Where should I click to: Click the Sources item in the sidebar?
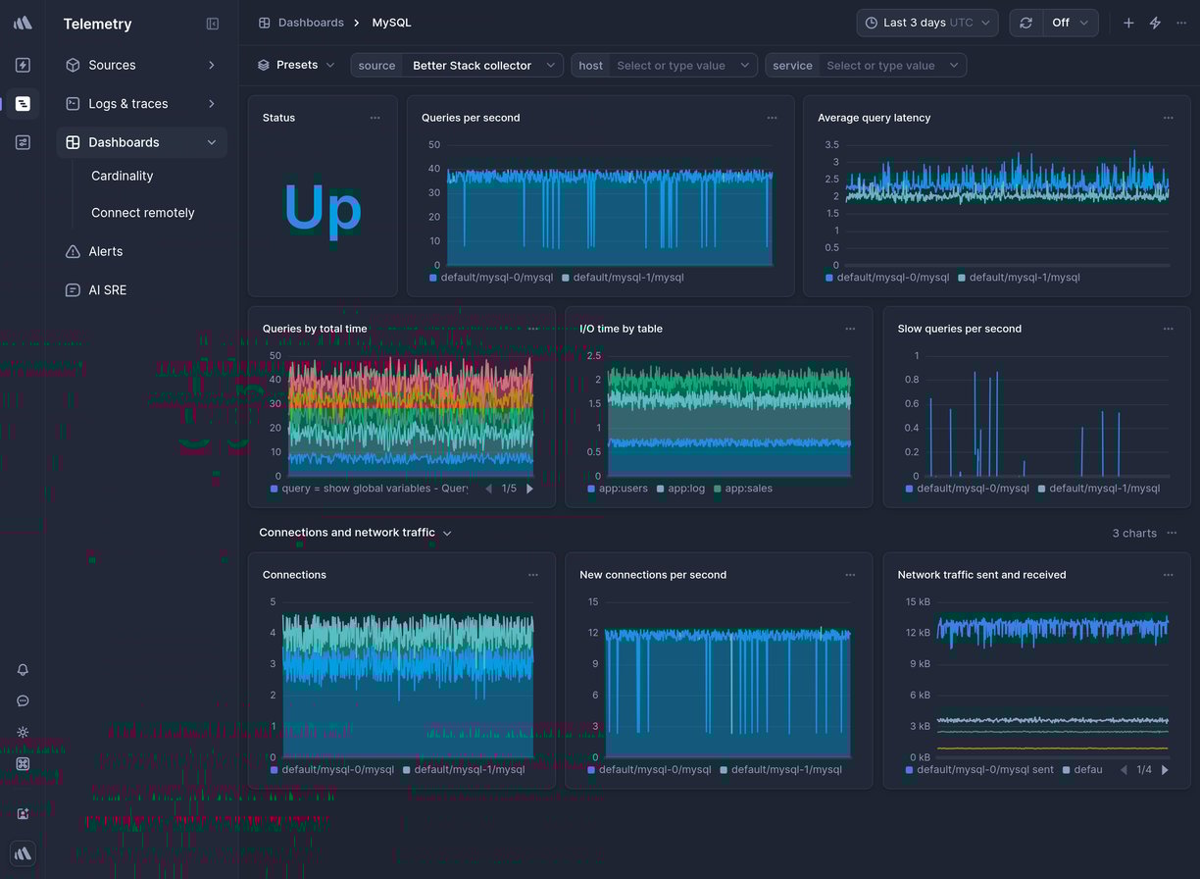tap(112, 65)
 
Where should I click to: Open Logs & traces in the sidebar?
tap(127, 103)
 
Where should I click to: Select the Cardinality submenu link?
tap(122, 176)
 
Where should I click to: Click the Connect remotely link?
tap(142, 213)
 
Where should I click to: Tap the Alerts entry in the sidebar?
tap(105, 251)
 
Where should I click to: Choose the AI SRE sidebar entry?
tap(107, 290)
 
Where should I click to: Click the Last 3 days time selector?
tap(926, 23)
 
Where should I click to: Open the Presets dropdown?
tap(296, 65)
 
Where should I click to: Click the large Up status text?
tap(323, 209)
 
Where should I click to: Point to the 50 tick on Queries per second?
tap(434, 145)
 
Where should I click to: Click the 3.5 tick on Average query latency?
tap(830, 145)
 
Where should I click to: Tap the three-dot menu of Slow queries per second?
tap(1168, 329)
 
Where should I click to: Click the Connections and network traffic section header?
tap(347, 533)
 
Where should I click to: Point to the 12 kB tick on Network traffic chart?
tap(918, 633)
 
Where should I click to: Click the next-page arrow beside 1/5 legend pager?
tap(530, 489)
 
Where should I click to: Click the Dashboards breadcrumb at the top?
tap(310, 23)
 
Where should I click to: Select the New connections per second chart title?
tap(653, 575)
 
